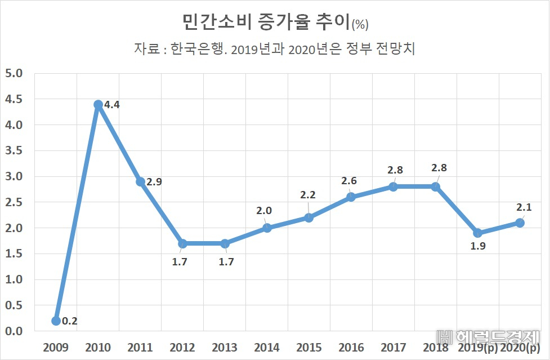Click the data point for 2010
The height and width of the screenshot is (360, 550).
(98, 105)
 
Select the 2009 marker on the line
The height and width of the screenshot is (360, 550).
(56, 321)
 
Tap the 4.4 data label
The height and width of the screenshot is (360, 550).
(112, 105)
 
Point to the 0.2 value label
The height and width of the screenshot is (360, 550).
(69, 321)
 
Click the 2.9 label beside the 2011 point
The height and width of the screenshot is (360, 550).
(154, 182)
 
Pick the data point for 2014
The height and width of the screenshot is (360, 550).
(267, 228)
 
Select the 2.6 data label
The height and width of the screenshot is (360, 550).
(348, 181)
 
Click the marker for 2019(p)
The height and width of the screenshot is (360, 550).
(478, 233)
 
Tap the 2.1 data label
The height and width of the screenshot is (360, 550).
(524, 207)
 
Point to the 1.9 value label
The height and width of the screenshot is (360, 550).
(478, 246)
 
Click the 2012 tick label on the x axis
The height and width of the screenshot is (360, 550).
(182, 348)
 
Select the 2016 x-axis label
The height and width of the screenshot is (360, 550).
(351, 348)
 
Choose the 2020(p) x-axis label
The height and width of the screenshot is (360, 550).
(520, 348)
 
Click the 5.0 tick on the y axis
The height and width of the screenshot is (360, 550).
(14, 73)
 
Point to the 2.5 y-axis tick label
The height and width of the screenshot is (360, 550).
(14, 202)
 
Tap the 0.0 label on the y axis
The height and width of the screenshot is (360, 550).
(14, 331)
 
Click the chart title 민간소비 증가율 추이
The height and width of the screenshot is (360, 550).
(266, 22)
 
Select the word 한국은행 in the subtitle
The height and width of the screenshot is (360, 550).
(197, 48)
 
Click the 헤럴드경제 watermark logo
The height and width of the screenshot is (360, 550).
(488, 337)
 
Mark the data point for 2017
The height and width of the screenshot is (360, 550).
(394, 186)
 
